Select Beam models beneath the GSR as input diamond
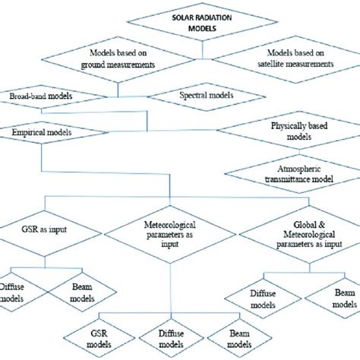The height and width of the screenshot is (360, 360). [x=77, y=293]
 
